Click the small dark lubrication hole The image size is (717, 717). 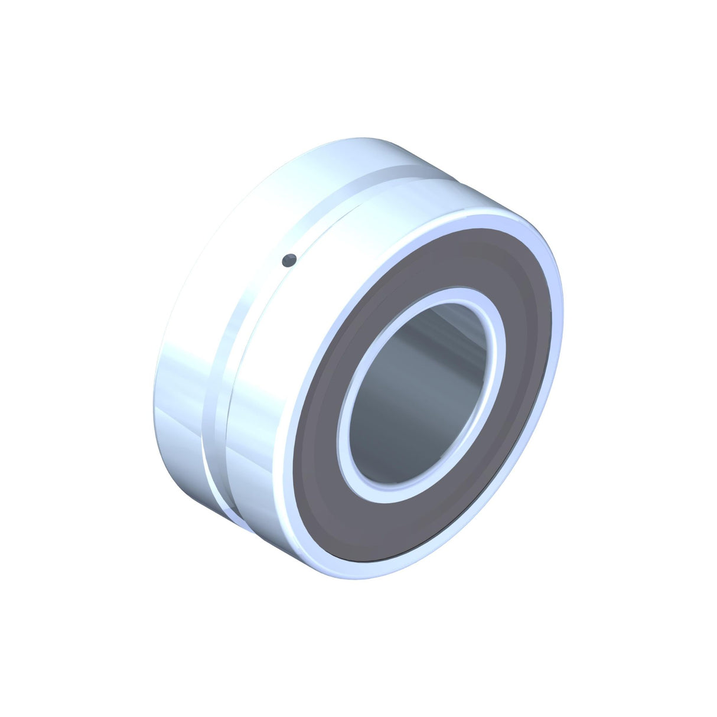[x=289, y=260]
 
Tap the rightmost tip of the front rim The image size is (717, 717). [x=563, y=307]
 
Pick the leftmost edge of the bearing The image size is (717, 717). [x=154, y=408]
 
